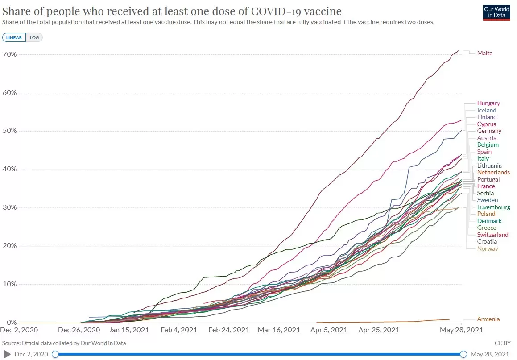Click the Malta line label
pos(485,53)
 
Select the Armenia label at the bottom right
pos(488,319)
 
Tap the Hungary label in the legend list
pos(488,103)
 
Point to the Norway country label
pos(488,248)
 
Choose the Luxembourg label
pos(493,207)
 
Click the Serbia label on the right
pos(485,193)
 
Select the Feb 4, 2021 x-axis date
pos(179,331)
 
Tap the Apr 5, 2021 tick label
pos(329,331)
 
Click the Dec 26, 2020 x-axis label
pos(79,331)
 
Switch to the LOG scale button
pos(34,37)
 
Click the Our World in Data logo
pos(496,12)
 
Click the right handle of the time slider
pos(463,354)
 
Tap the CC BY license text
pos(502,343)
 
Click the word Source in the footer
pos(12,343)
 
